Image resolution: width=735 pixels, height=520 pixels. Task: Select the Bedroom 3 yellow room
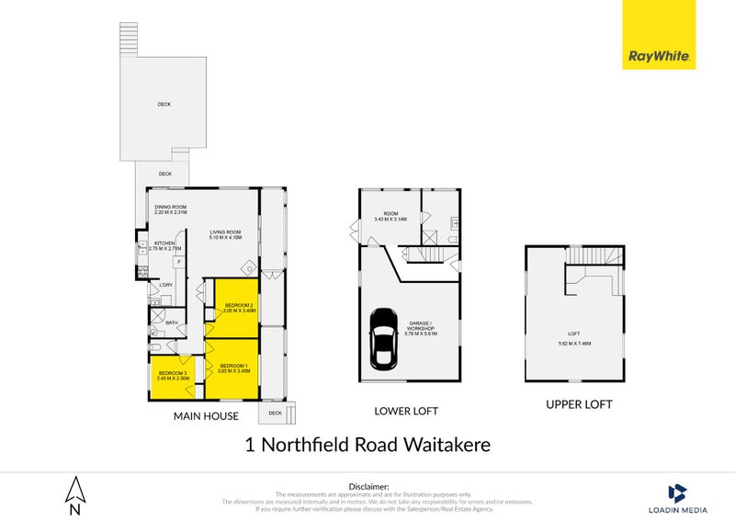pyautogui.click(x=169, y=378)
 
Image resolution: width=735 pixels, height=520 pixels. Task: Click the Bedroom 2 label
pyautogui.click(x=238, y=308)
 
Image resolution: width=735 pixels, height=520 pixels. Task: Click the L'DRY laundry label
pyautogui.click(x=166, y=286)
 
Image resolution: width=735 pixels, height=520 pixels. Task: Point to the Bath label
pyautogui.click(x=171, y=323)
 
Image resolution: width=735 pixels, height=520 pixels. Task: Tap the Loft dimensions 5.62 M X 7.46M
pyautogui.click(x=574, y=344)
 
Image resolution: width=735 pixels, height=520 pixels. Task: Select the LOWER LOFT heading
pyautogui.click(x=406, y=411)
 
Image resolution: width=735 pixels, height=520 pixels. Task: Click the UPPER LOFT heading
pyautogui.click(x=579, y=404)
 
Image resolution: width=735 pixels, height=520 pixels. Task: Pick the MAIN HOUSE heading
pyautogui.click(x=207, y=416)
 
